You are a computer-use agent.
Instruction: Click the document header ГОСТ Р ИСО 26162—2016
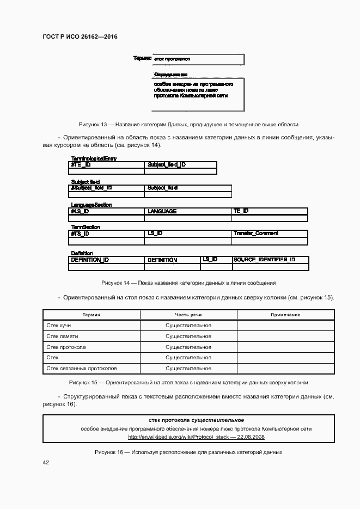click(x=80, y=36)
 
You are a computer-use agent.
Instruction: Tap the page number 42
click(x=46, y=462)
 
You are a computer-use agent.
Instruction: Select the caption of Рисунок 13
click(x=188, y=124)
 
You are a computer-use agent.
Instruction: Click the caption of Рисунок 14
click(x=188, y=283)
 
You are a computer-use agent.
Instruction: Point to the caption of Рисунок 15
click(x=188, y=382)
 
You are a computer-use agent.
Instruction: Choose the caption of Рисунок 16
click(x=188, y=452)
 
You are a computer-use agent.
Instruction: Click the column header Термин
click(x=91, y=315)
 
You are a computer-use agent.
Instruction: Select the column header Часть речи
click(x=188, y=315)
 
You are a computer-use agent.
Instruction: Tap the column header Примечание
click(x=285, y=315)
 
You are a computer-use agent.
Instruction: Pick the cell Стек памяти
click(x=62, y=336)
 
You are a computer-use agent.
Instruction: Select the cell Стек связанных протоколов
click(x=82, y=369)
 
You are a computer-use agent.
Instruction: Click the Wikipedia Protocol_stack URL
click(x=196, y=437)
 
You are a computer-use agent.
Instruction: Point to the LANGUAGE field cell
click(x=162, y=211)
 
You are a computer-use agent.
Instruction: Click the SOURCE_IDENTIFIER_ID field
click(x=264, y=260)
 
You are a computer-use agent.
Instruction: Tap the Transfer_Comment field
click(x=255, y=233)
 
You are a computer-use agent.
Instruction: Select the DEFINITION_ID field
click(x=90, y=260)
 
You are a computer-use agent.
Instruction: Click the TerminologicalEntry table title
click(x=94, y=158)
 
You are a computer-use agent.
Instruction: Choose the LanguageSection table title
click(x=91, y=205)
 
